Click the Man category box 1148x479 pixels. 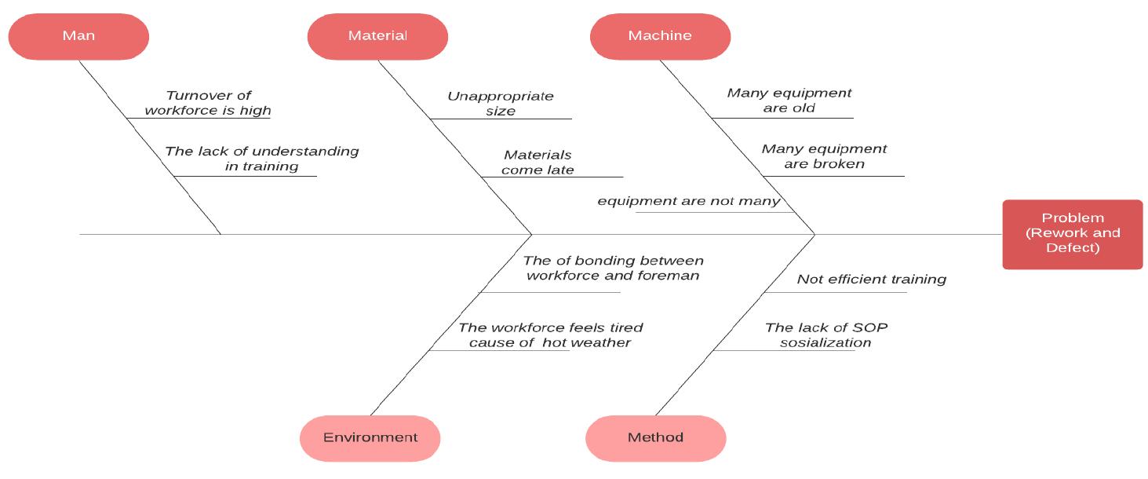78,36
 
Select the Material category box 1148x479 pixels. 377,36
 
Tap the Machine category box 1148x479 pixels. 660,36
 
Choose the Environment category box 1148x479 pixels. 370,438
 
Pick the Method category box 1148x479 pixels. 655,438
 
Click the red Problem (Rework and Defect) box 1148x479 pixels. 1072,234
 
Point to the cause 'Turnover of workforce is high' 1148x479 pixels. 208,103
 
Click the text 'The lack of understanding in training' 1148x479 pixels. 261,159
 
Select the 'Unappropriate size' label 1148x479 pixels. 501,104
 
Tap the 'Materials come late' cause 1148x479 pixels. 538,163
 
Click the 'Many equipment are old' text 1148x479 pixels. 789,101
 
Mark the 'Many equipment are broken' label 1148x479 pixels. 824,156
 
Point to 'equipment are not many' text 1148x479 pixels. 688,201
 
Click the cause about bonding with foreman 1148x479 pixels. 613,268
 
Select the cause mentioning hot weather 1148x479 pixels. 550,335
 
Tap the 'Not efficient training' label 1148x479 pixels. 871,279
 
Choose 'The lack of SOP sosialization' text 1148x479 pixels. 825,335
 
